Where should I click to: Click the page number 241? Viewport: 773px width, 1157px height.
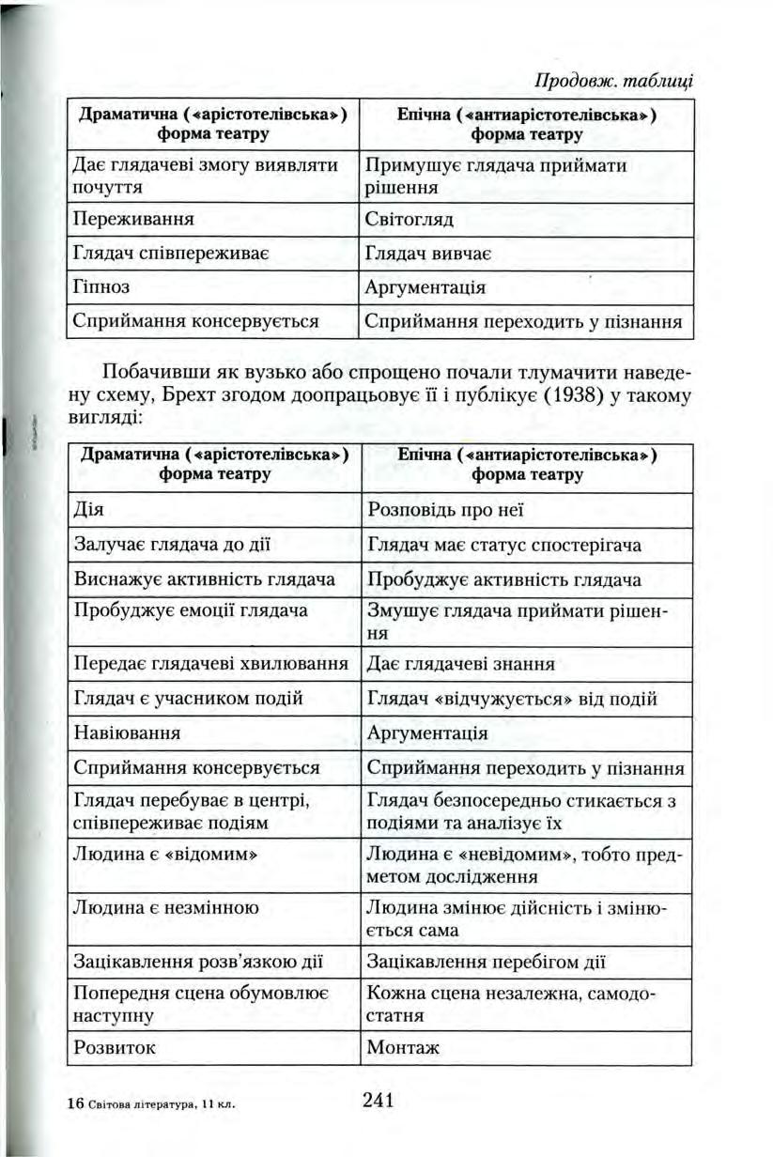376,1100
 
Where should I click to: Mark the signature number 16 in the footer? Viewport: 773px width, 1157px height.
76,1104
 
